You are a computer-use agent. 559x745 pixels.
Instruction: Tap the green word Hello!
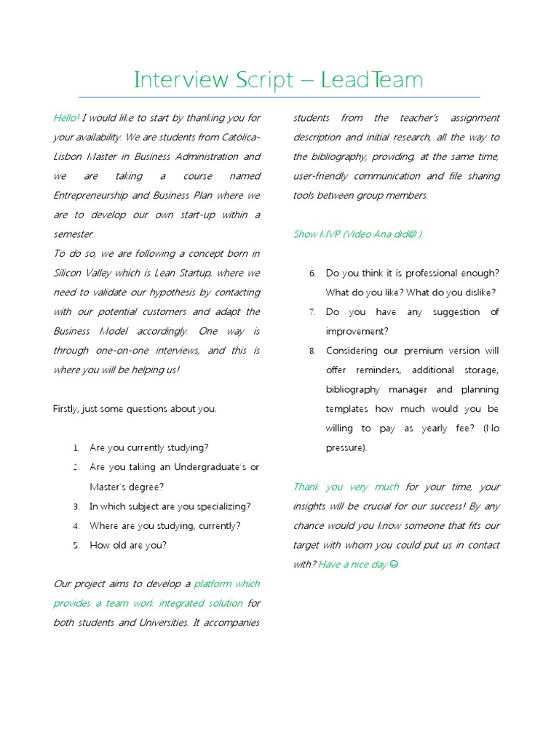point(66,118)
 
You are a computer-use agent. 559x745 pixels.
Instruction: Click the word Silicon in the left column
point(68,273)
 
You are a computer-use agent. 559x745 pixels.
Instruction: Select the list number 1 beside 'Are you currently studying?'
point(76,448)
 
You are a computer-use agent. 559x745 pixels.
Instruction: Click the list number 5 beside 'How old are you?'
point(76,545)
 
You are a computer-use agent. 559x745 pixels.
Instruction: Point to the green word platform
point(212,583)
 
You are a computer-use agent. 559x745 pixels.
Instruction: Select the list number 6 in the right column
point(312,274)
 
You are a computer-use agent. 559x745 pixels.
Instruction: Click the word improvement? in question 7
point(357,331)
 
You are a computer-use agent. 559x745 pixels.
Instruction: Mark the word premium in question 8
point(433,351)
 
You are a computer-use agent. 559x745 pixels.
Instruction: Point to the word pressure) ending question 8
point(346,448)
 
